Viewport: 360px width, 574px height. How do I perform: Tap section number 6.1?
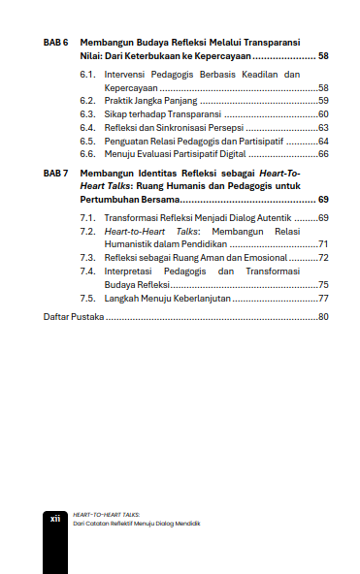[87, 75]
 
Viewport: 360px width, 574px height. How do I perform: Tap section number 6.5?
[87, 141]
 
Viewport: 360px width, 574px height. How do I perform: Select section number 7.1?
[87, 217]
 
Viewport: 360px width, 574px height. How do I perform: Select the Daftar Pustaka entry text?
[75, 317]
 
